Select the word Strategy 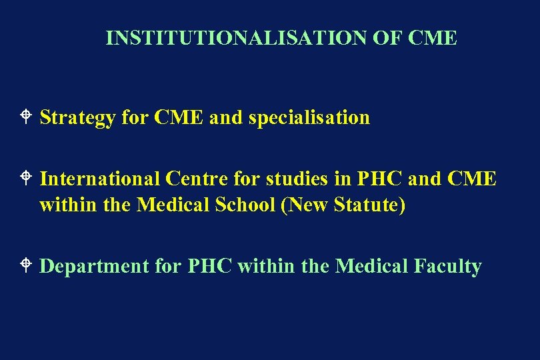(77, 118)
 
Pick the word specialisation (309, 118)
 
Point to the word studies (297, 179)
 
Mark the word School (244, 205)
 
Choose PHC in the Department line (210, 267)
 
